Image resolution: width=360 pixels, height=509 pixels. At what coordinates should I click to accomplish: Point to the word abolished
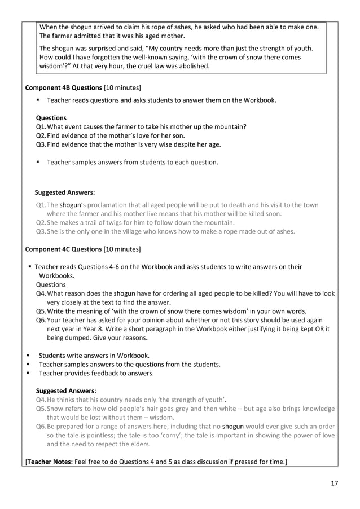click(x=190, y=66)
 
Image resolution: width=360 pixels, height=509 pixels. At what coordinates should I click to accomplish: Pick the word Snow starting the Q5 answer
click(x=58, y=409)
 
